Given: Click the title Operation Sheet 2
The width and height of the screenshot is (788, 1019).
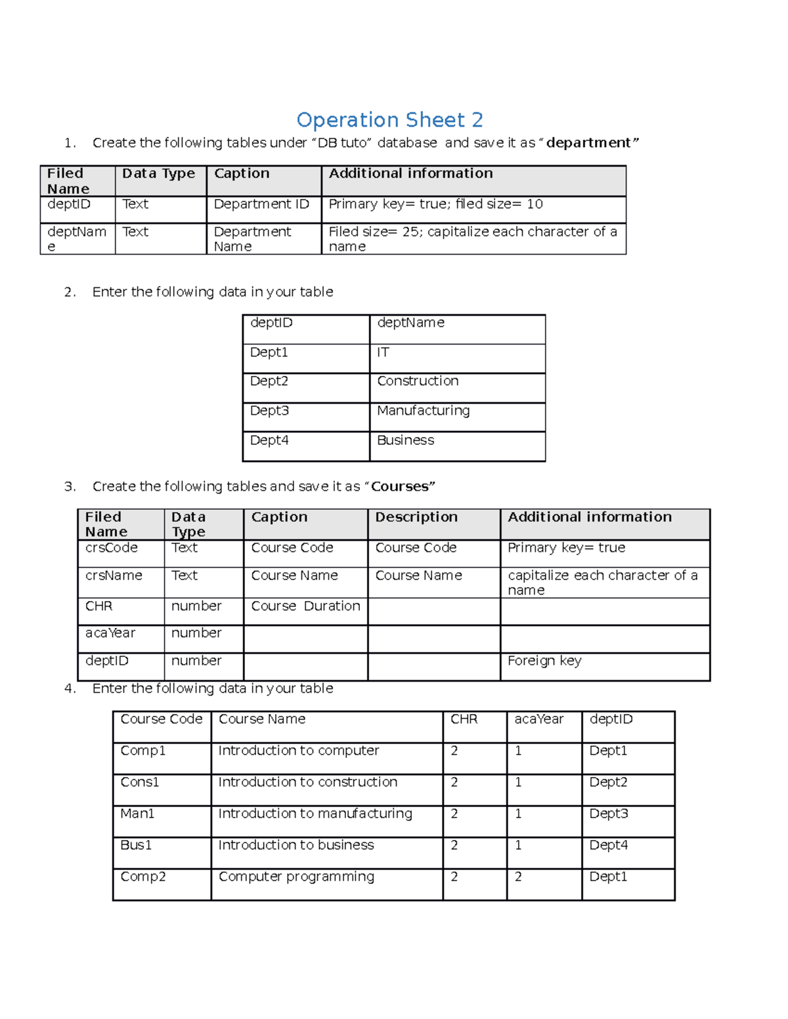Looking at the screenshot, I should (389, 120).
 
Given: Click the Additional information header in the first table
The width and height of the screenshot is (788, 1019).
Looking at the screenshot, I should (410, 173).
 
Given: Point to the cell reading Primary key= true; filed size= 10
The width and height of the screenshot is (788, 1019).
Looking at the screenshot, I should (435, 204).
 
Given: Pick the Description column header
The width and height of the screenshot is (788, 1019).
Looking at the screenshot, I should (416, 517).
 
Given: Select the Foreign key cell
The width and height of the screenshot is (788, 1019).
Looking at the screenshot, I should (544, 661).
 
